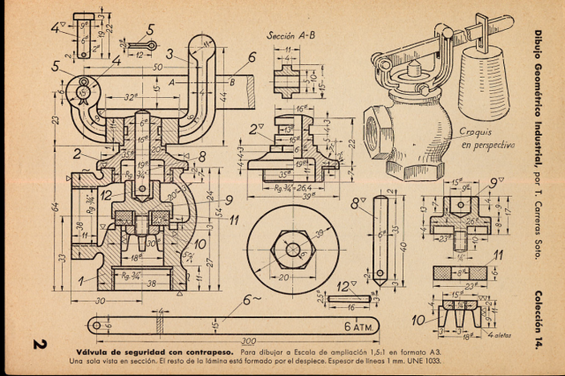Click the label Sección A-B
289,35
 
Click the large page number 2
37,345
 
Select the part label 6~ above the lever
251,300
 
